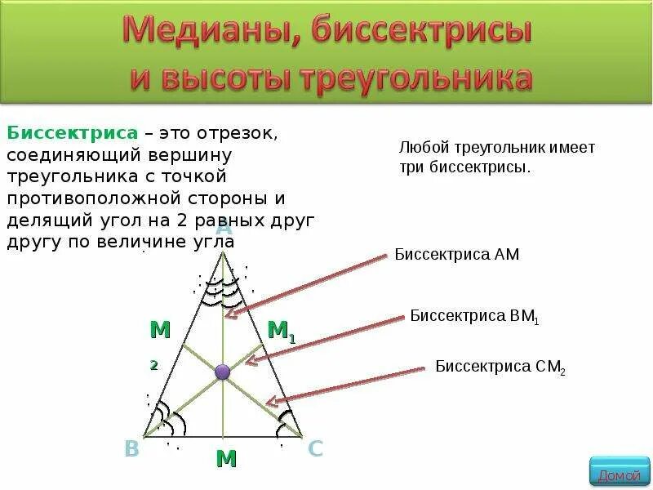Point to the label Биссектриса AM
tap(456, 255)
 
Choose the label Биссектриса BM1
tap(473, 316)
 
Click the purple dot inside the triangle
tap(222, 372)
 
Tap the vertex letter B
tap(131, 448)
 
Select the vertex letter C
tap(316, 448)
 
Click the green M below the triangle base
tap(226, 459)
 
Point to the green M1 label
tap(281, 330)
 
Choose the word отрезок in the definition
tap(244, 133)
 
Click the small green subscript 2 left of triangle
tap(153, 366)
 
